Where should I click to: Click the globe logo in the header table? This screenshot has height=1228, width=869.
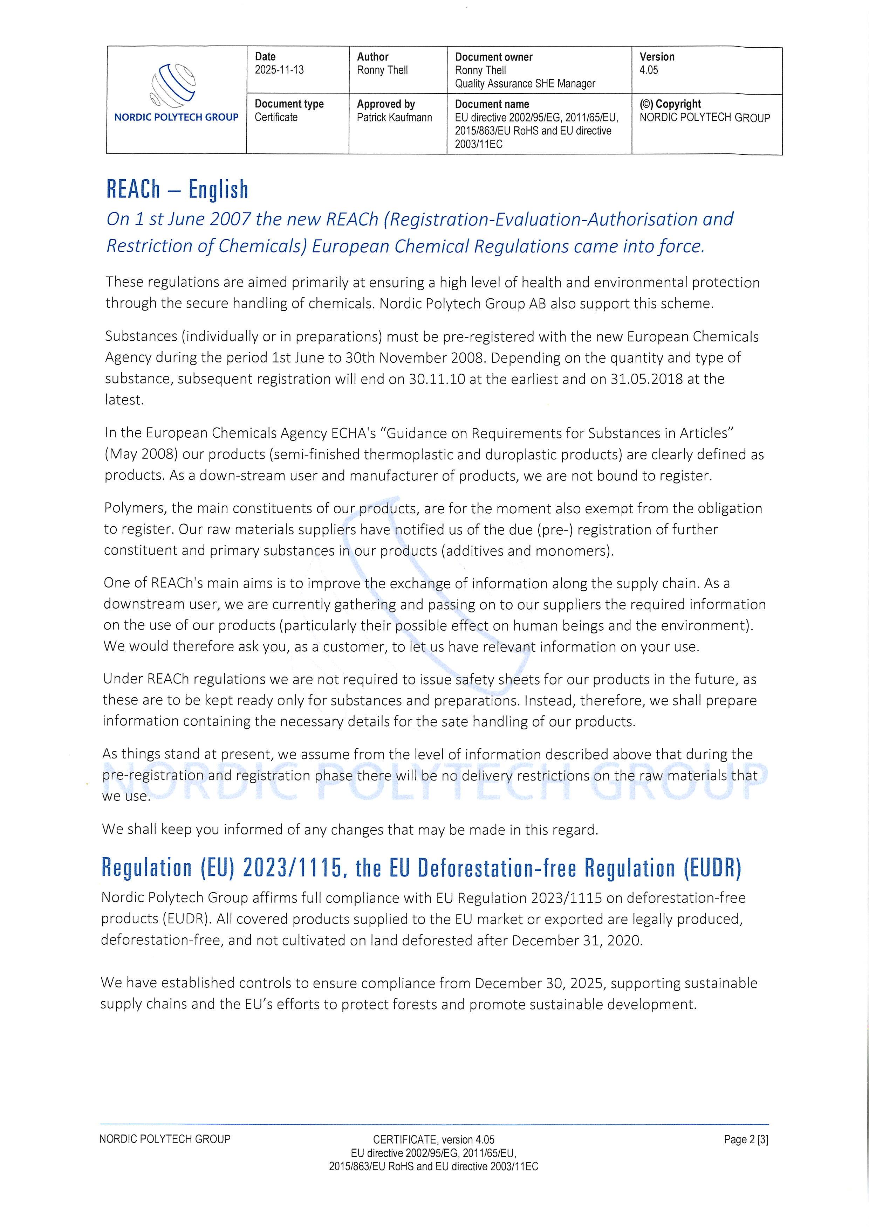(x=174, y=84)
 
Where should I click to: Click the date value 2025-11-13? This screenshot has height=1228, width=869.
(x=279, y=70)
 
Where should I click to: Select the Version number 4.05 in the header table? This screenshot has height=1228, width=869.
(x=649, y=70)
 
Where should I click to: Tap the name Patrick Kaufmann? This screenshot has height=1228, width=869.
(x=394, y=118)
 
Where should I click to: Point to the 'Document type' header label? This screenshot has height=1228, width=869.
(x=289, y=104)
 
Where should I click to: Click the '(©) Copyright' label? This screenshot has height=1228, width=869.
(x=670, y=104)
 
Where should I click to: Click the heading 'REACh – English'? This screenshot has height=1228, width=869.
(x=177, y=189)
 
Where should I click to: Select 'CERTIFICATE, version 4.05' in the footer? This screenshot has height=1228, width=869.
(x=433, y=1140)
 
